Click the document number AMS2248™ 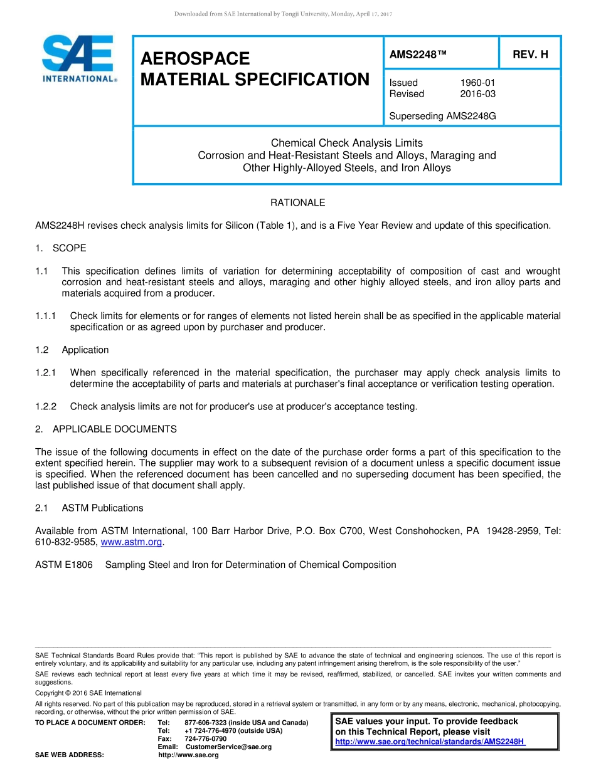pos(418,55)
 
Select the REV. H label pos(530,55)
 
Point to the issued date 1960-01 pos(478,83)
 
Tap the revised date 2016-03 pos(478,94)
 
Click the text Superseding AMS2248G pos(442,116)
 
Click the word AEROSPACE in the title pos(195,59)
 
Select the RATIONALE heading pos(297,202)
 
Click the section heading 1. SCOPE pos(61,248)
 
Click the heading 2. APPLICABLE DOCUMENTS pos(106,429)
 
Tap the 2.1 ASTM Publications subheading pos(89,508)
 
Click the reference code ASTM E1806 pos(64,565)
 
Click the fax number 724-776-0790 pos(206,739)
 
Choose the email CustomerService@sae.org pos(228,747)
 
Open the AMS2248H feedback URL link pos(430,742)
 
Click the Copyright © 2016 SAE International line pos(88,693)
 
